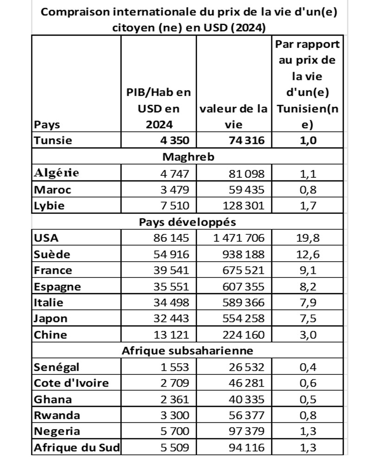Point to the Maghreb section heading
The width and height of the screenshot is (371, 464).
coord(188,157)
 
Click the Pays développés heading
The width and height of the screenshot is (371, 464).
coord(188,222)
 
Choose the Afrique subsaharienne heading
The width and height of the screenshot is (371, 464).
coord(188,351)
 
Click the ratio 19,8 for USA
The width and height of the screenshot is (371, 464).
coord(307,238)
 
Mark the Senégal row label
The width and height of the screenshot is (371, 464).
coord(57,367)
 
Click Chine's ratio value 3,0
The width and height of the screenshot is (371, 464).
coord(307,335)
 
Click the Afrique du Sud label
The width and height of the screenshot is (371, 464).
coord(77,448)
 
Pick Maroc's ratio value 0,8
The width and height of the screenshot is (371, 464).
coord(307,189)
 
